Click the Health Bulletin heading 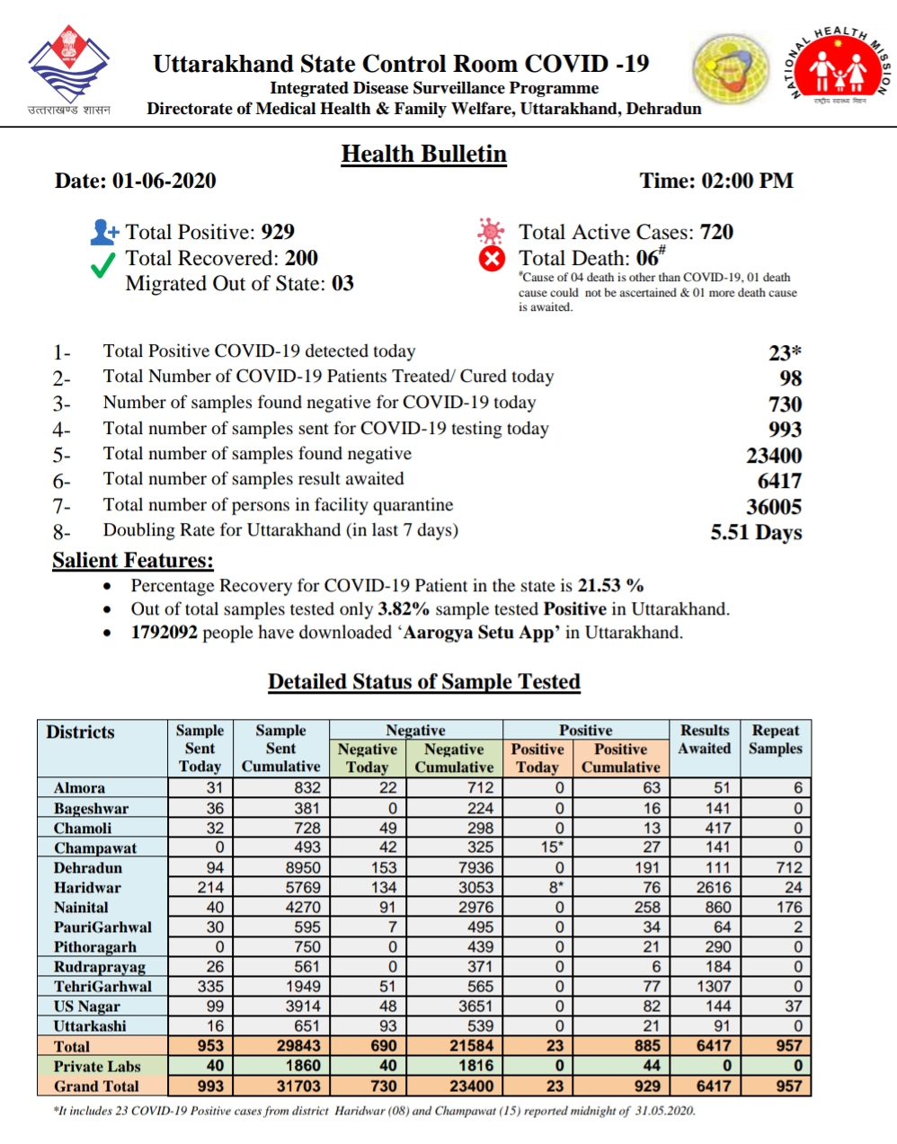[423, 155]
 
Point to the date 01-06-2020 [164, 181]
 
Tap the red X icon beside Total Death [491, 259]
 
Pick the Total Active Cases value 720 [716, 232]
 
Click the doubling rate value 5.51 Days [756, 532]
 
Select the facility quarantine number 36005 [774, 507]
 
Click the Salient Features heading [133, 561]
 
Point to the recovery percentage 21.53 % [610, 586]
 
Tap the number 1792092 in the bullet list [164, 633]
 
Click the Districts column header [81, 732]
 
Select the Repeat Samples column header [775, 740]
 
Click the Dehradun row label [87, 868]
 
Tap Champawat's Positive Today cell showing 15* [551, 847]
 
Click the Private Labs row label [97, 1067]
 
